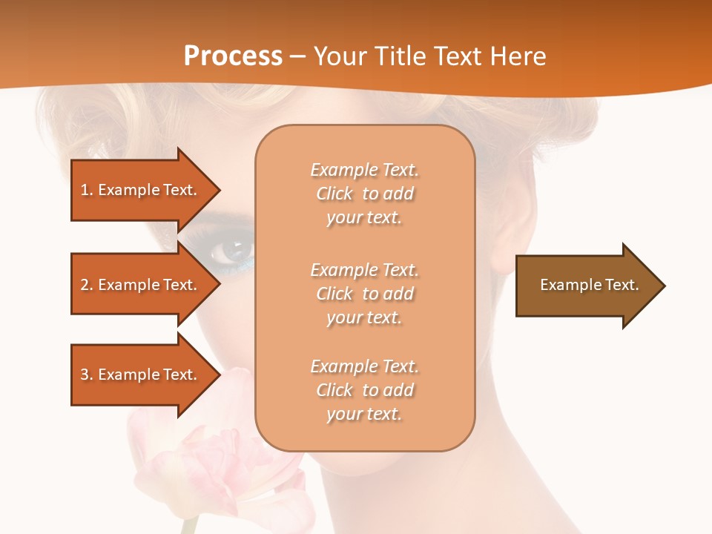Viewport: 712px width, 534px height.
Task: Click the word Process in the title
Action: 233,56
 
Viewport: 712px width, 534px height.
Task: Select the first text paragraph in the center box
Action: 364,194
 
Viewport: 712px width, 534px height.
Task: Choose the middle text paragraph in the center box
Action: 364,294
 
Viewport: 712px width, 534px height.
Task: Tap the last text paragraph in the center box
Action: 364,390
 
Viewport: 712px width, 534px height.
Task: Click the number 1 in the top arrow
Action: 85,190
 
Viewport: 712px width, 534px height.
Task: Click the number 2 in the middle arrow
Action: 85,285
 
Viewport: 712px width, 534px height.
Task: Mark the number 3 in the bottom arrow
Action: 85,375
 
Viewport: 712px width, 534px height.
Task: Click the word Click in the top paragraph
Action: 334,194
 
